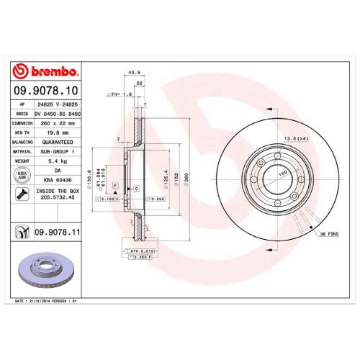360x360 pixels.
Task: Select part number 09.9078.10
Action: [45, 91]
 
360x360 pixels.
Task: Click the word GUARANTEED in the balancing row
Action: [58, 142]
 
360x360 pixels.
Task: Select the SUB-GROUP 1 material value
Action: [58, 152]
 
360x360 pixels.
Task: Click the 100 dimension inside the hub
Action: [274, 174]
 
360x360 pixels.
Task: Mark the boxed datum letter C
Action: [136, 188]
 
